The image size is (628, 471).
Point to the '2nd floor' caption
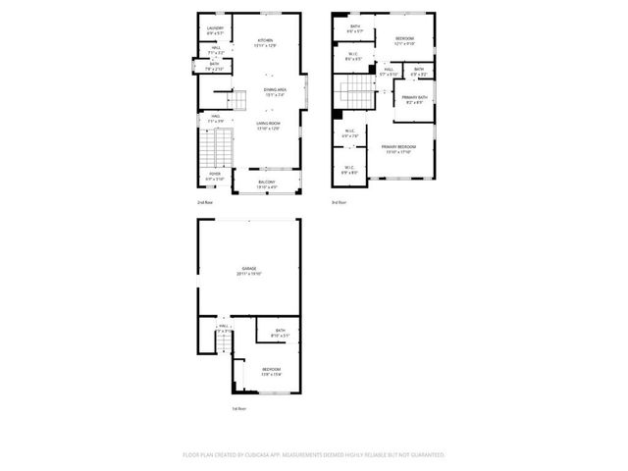pyautogui.click(x=204, y=201)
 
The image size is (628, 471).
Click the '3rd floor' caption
pyautogui.click(x=338, y=201)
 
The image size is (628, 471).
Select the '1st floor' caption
pyautogui.click(x=238, y=408)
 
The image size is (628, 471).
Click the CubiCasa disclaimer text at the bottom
pyautogui.click(x=314, y=454)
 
